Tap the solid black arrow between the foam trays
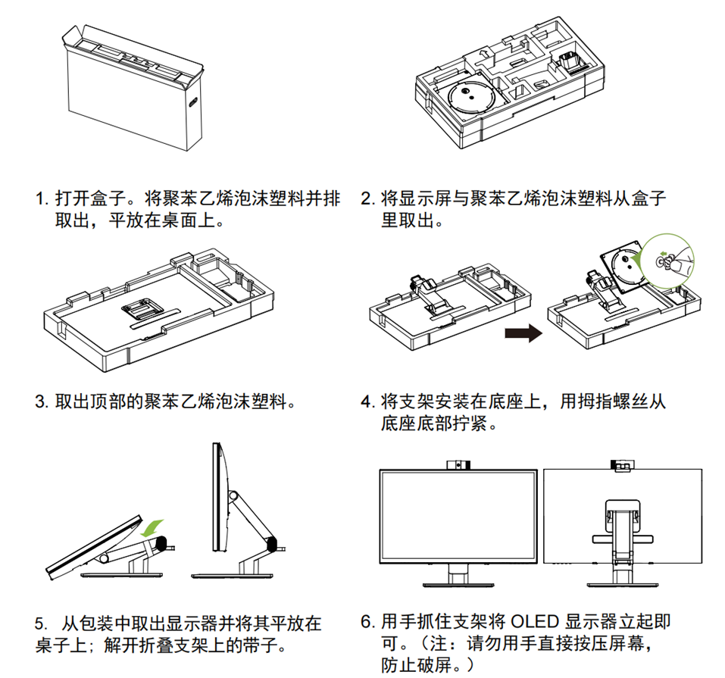(523, 333)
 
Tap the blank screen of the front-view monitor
(458, 515)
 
